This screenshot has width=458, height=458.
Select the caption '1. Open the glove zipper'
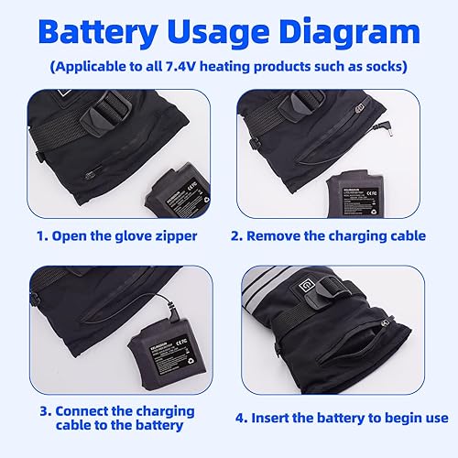coord(116,235)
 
